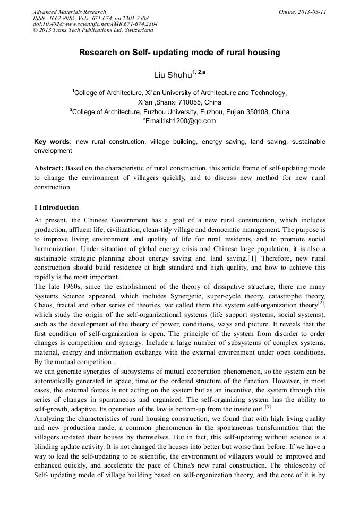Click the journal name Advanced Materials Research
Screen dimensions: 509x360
coord(69,12)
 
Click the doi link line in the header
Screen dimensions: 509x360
coord(95,24)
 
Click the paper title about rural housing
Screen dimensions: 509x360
coord(179,53)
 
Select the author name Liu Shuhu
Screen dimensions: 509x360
coord(172,75)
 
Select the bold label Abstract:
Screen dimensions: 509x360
coord(50,168)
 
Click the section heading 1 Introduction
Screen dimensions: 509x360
coord(56,208)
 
